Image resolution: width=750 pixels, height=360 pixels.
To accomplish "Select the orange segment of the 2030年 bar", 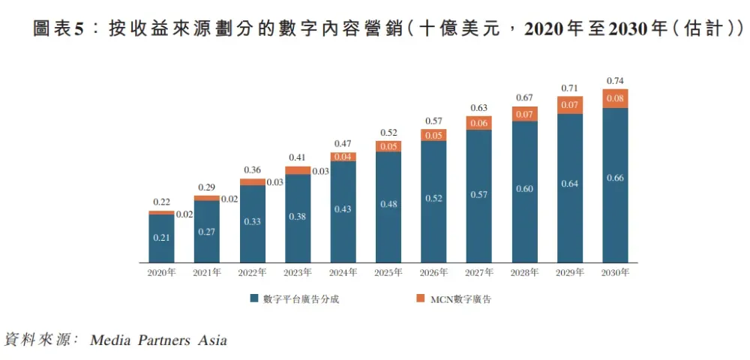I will pos(615,98).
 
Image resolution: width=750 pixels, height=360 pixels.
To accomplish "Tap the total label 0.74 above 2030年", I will pos(615,81).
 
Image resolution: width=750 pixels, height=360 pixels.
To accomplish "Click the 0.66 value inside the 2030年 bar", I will pos(615,178).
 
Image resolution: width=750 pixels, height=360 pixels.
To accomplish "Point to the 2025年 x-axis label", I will pos(388,273).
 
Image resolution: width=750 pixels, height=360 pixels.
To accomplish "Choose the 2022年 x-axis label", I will pos(252,273).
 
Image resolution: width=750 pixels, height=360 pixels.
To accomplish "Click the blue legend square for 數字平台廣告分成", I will pos(255,298).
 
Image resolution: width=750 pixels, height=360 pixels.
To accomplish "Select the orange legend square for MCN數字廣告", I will pos(422,298).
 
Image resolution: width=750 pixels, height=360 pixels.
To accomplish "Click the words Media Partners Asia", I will pos(158,340).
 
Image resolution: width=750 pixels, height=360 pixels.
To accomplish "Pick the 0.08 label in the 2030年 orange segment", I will pos(615,98).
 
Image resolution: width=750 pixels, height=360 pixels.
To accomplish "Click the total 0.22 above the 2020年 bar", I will pos(161,202).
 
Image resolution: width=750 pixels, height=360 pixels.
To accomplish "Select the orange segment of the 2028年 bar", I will pos(524,114).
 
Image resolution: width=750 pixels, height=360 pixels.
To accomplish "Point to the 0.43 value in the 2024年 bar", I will pos(343,208).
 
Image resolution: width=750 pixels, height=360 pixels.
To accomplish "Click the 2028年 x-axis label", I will pos(524,273).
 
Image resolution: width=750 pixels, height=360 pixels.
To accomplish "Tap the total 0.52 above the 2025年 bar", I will pos(388,133).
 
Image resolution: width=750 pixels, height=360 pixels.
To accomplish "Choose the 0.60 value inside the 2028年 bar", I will pos(524,188).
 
